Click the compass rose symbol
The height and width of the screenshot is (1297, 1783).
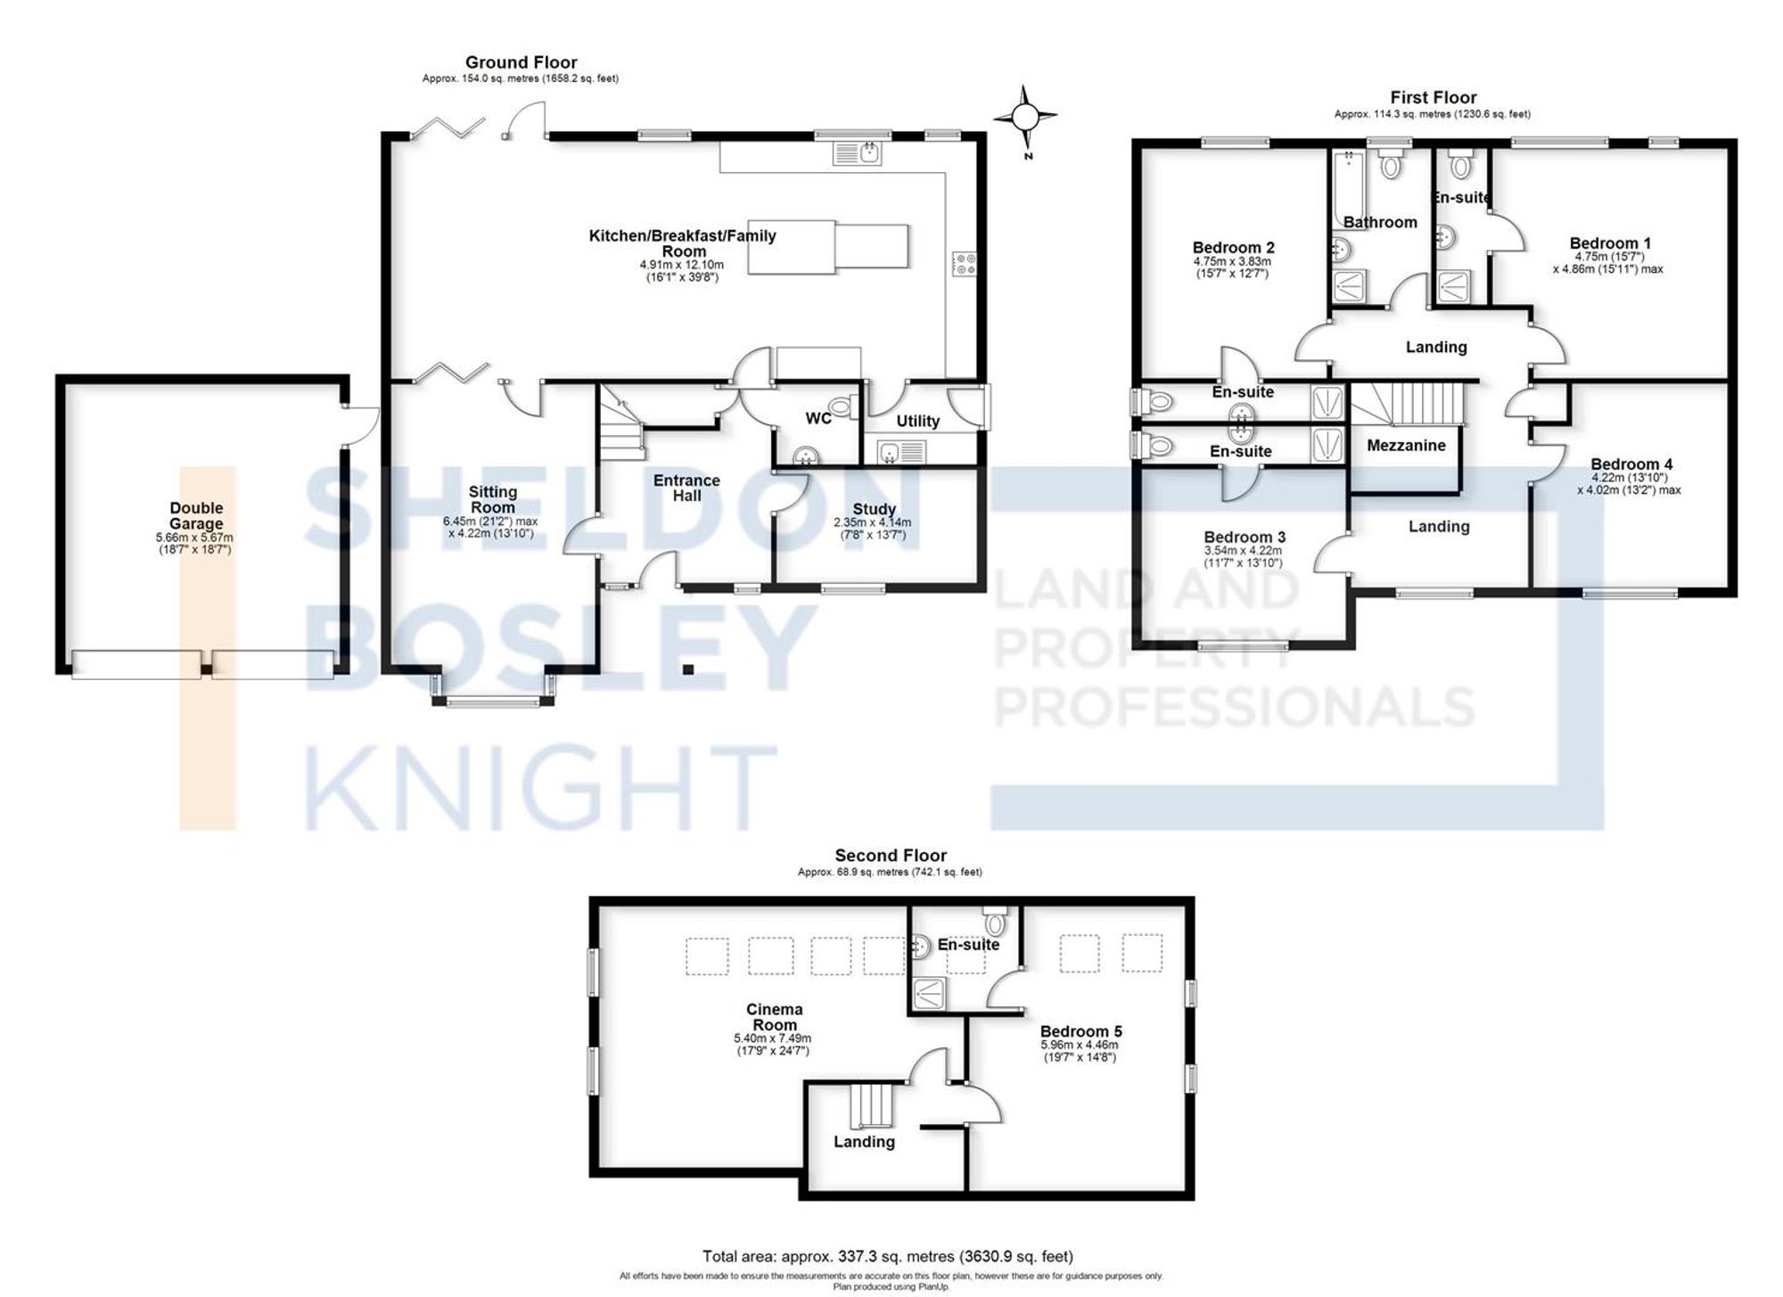[x=1025, y=117]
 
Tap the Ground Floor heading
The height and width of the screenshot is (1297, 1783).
[x=521, y=62]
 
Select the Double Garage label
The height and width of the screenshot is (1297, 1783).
[x=196, y=515]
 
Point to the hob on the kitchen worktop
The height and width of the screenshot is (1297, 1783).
[x=964, y=264]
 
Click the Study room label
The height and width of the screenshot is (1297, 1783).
[x=874, y=509]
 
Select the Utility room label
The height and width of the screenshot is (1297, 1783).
[x=917, y=421]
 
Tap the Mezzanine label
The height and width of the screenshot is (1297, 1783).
[x=1406, y=445]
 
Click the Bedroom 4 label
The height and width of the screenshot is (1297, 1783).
[x=1631, y=464]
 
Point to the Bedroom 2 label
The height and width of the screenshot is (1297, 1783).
[x=1233, y=247]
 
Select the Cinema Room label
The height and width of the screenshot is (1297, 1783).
[x=774, y=1016]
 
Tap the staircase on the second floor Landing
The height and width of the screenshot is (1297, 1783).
[x=870, y=1105]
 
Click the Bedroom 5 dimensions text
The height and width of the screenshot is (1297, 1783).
[x=1080, y=1051]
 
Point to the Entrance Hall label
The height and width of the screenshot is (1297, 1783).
[x=686, y=488]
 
